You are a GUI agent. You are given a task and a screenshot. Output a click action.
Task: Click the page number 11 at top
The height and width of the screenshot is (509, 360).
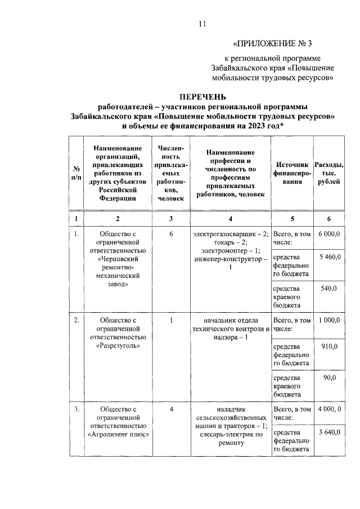tap(203, 24)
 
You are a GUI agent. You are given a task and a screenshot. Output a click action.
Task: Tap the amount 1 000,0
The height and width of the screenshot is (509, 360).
tap(329, 319)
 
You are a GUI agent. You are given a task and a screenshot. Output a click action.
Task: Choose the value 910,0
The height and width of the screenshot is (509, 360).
tap(329, 346)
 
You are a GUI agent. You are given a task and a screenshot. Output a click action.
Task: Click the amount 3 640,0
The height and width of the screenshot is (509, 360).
tap(329, 432)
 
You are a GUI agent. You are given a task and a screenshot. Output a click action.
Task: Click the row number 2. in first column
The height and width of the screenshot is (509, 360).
tap(76, 319)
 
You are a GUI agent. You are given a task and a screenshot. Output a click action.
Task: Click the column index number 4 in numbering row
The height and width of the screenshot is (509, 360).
tap(231, 218)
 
